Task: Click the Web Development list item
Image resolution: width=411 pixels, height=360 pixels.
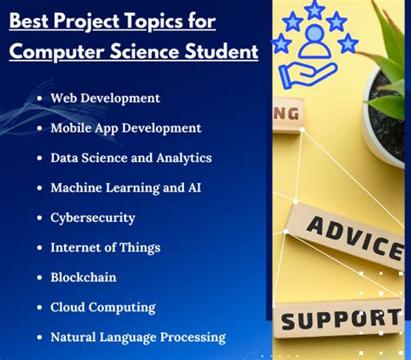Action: (105, 98)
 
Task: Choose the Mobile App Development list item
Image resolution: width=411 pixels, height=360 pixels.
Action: (126, 128)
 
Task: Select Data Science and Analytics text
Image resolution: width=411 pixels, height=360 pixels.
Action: (131, 158)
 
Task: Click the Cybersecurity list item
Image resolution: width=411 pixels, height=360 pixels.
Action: (93, 217)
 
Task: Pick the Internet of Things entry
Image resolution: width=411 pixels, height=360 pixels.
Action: (105, 247)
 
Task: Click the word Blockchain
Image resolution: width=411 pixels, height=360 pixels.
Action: (83, 277)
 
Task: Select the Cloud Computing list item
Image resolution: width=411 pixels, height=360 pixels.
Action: (103, 307)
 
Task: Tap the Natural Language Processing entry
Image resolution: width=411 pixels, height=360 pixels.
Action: (138, 337)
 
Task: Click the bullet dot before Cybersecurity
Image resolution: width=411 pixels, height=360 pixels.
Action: (41, 218)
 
